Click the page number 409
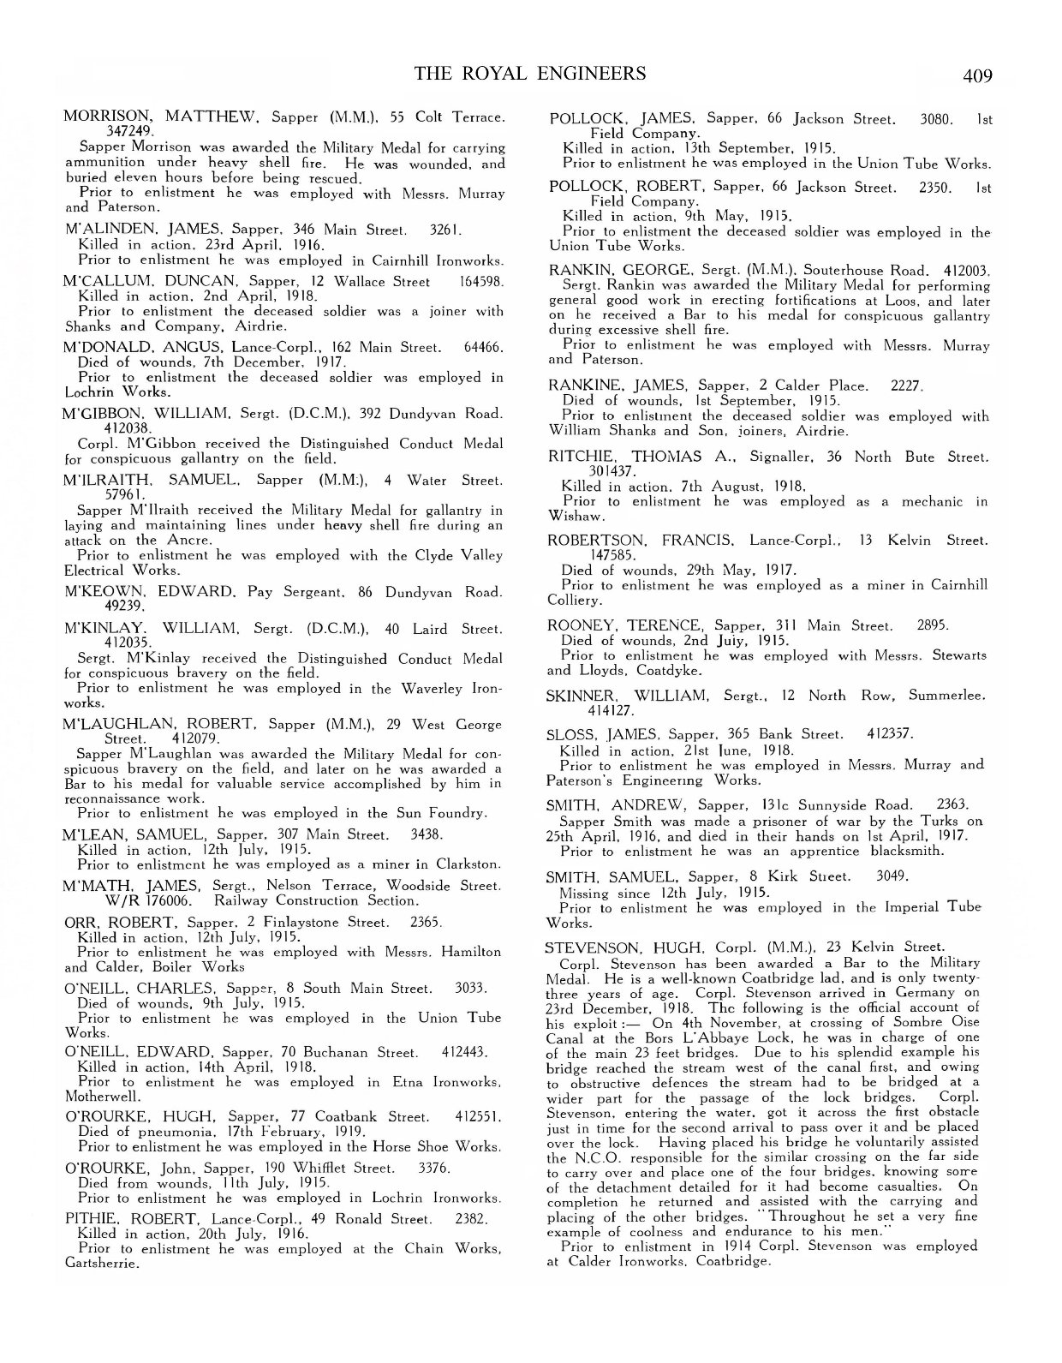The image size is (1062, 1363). [976, 76]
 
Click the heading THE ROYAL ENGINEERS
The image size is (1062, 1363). [530, 74]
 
